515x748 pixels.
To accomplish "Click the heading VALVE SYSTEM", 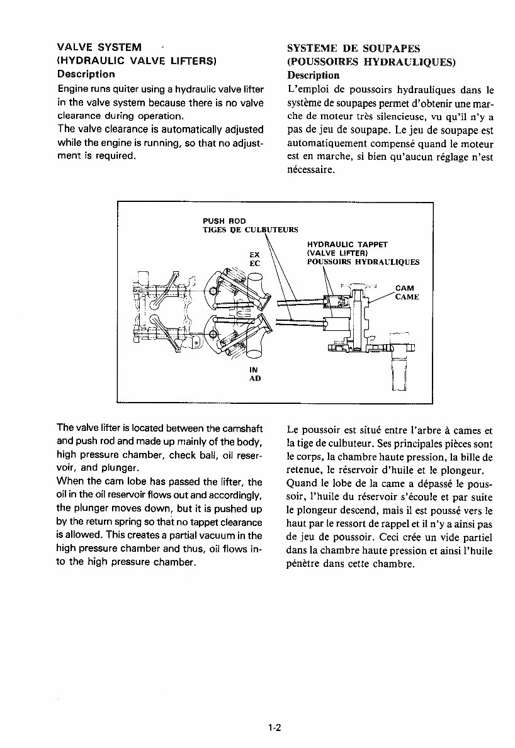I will (x=99, y=48).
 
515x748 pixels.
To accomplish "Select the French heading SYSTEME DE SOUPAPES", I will (x=353, y=48).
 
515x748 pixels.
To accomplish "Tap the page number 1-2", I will (x=273, y=728).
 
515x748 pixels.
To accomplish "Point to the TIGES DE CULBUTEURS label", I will (x=250, y=230).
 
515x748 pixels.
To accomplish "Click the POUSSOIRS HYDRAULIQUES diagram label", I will (x=363, y=262).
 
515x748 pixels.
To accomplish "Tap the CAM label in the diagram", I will (x=404, y=288).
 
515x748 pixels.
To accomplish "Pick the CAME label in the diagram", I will (x=407, y=297).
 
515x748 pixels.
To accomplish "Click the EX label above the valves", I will (x=255, y=255).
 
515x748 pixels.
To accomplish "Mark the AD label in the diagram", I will (x=255, y=379).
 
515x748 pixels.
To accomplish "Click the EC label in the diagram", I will (x=255, y=264).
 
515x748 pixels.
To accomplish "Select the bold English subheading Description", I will (x=86, y=74).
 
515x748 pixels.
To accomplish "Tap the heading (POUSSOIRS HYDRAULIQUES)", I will (x=371, y=62).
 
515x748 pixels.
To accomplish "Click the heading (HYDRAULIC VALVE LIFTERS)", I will (x=137, y=61).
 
